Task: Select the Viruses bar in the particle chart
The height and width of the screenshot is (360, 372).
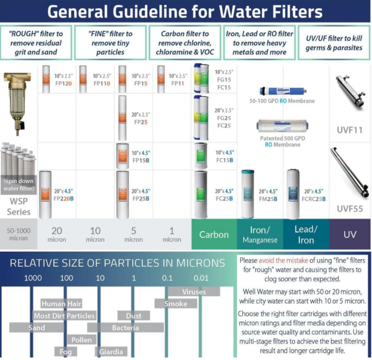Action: click(194, 291)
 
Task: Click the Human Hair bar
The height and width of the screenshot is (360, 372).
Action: click(61, 304)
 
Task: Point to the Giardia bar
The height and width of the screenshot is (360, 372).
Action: click(111, 352)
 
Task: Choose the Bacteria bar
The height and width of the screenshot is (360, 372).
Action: click(125, 328)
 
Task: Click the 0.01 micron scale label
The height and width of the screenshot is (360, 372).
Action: click(200, 278)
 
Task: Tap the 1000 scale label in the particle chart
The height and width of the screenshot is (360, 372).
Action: click(33, 278)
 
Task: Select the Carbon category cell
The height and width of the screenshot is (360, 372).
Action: click(214, 234)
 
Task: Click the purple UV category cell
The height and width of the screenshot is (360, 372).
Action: click(349, 234)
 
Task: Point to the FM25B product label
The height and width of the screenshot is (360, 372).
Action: click(268, 195)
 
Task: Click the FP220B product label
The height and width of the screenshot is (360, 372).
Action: click(63, 195)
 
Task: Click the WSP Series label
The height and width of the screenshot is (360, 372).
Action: click(19, 207)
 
